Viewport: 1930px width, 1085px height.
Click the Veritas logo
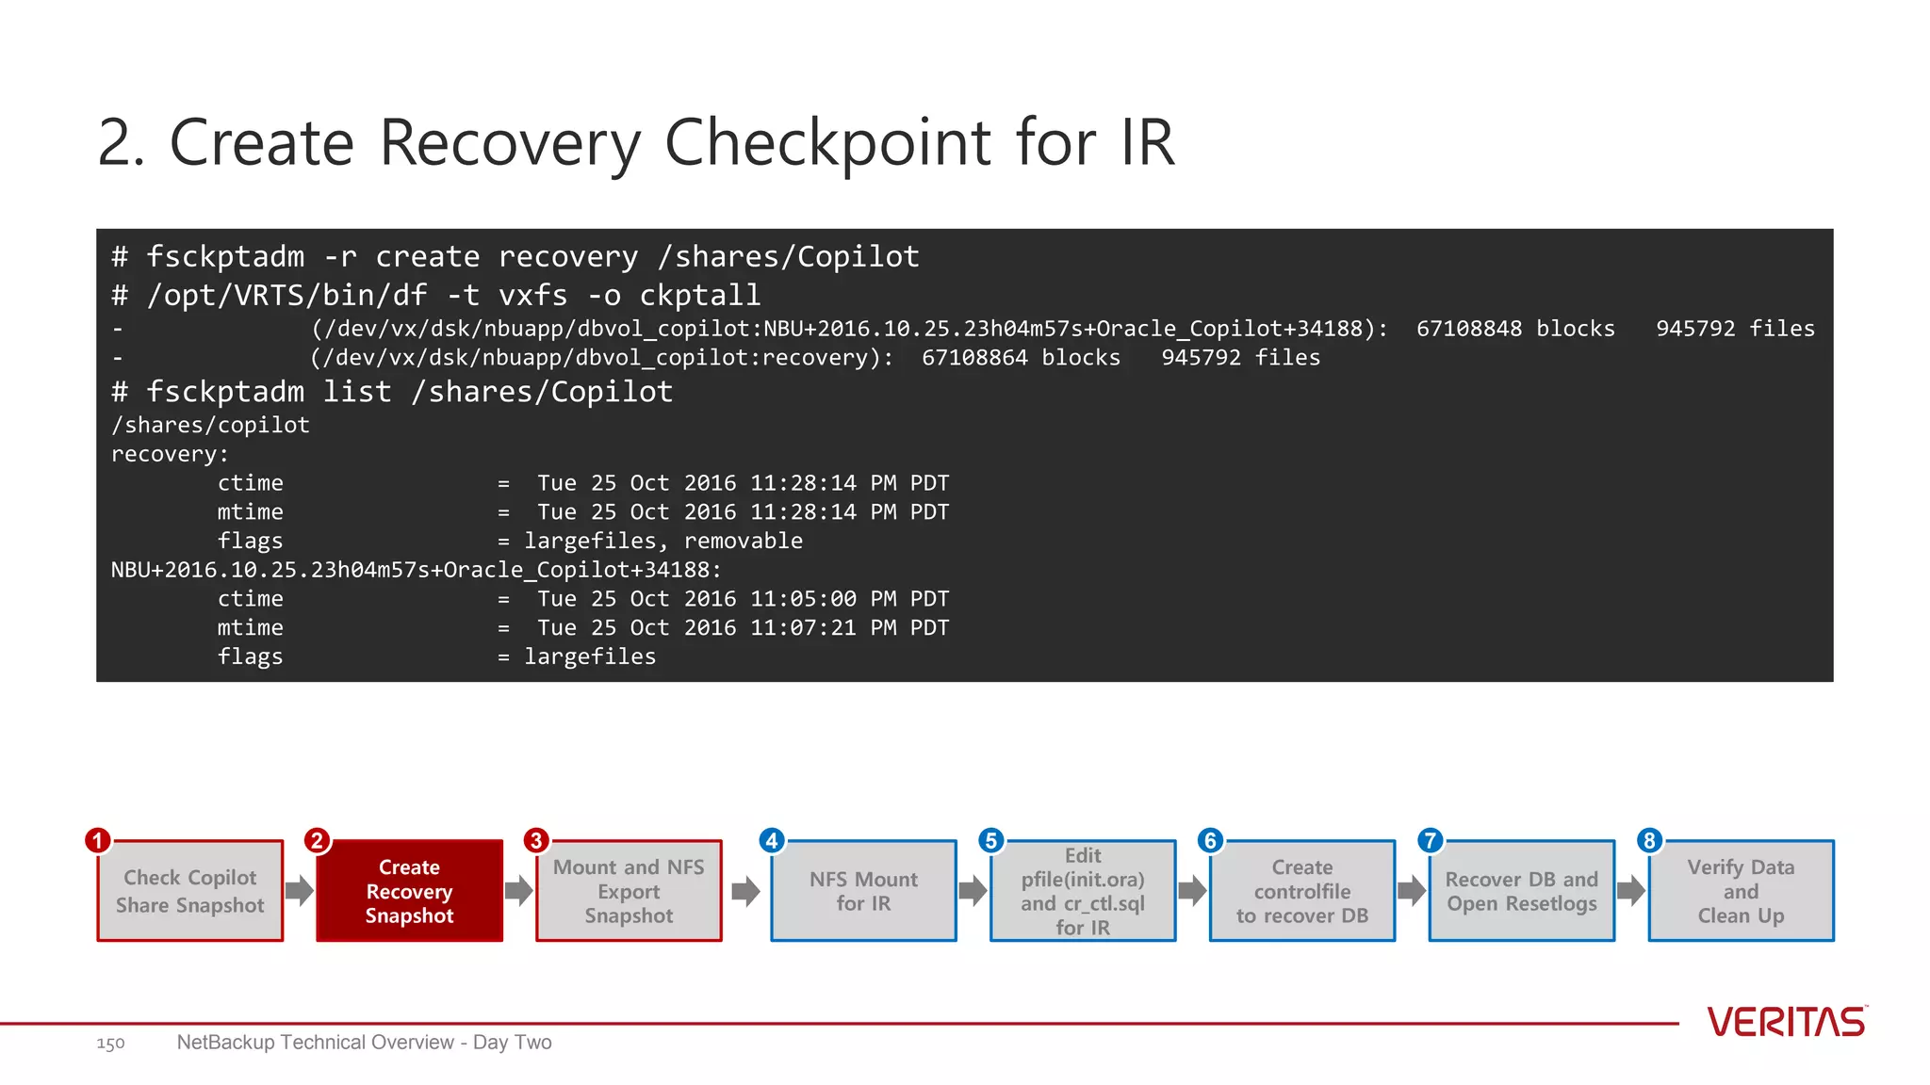click(x=1786, y=1022)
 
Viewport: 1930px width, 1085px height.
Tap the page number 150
click(x=110, y=1044)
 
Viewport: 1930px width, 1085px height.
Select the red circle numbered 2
click(x=317, y=840)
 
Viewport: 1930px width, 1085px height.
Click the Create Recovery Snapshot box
click(x=409, y=891)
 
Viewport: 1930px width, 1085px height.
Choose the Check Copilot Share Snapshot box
click(x=189, y=891)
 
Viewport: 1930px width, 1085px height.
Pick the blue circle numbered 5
click(x=990, y=840)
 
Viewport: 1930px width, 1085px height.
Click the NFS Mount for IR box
click(x=863, y=891)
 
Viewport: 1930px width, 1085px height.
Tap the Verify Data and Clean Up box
click(x=1741, y=891)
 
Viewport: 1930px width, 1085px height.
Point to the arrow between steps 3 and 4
click(x=745, y=891)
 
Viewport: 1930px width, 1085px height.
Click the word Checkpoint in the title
click(x=827, y=143)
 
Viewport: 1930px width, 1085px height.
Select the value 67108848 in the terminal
click(x=1468, y=329)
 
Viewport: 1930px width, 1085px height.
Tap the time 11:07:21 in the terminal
click(x=803, y=628)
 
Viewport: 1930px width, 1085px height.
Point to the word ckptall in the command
click(x=699, y=296)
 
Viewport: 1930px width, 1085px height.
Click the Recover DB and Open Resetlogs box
click(x=1521, y=891)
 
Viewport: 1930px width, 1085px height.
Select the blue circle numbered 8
click(x=1649, y=840)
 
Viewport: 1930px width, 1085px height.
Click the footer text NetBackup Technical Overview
click(x=316, y=1043)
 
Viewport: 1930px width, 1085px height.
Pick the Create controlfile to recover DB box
click(x=1301, y=891)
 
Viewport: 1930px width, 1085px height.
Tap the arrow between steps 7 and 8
click(x=1631, y=891)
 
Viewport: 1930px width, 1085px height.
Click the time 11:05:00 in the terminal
click(x=803, y=599)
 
